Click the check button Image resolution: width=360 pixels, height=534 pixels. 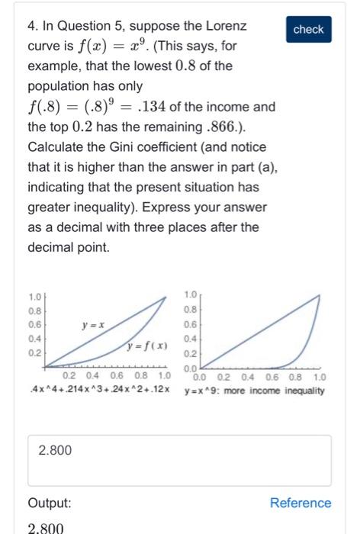(x=308, y=29)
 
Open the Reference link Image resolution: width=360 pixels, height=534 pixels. (x=301, y=503)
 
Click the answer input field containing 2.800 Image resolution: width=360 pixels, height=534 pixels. (x=179, y=460)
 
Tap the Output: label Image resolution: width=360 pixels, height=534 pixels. (x=50, y=503)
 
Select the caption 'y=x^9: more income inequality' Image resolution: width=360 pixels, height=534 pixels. (x=254, y=391)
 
